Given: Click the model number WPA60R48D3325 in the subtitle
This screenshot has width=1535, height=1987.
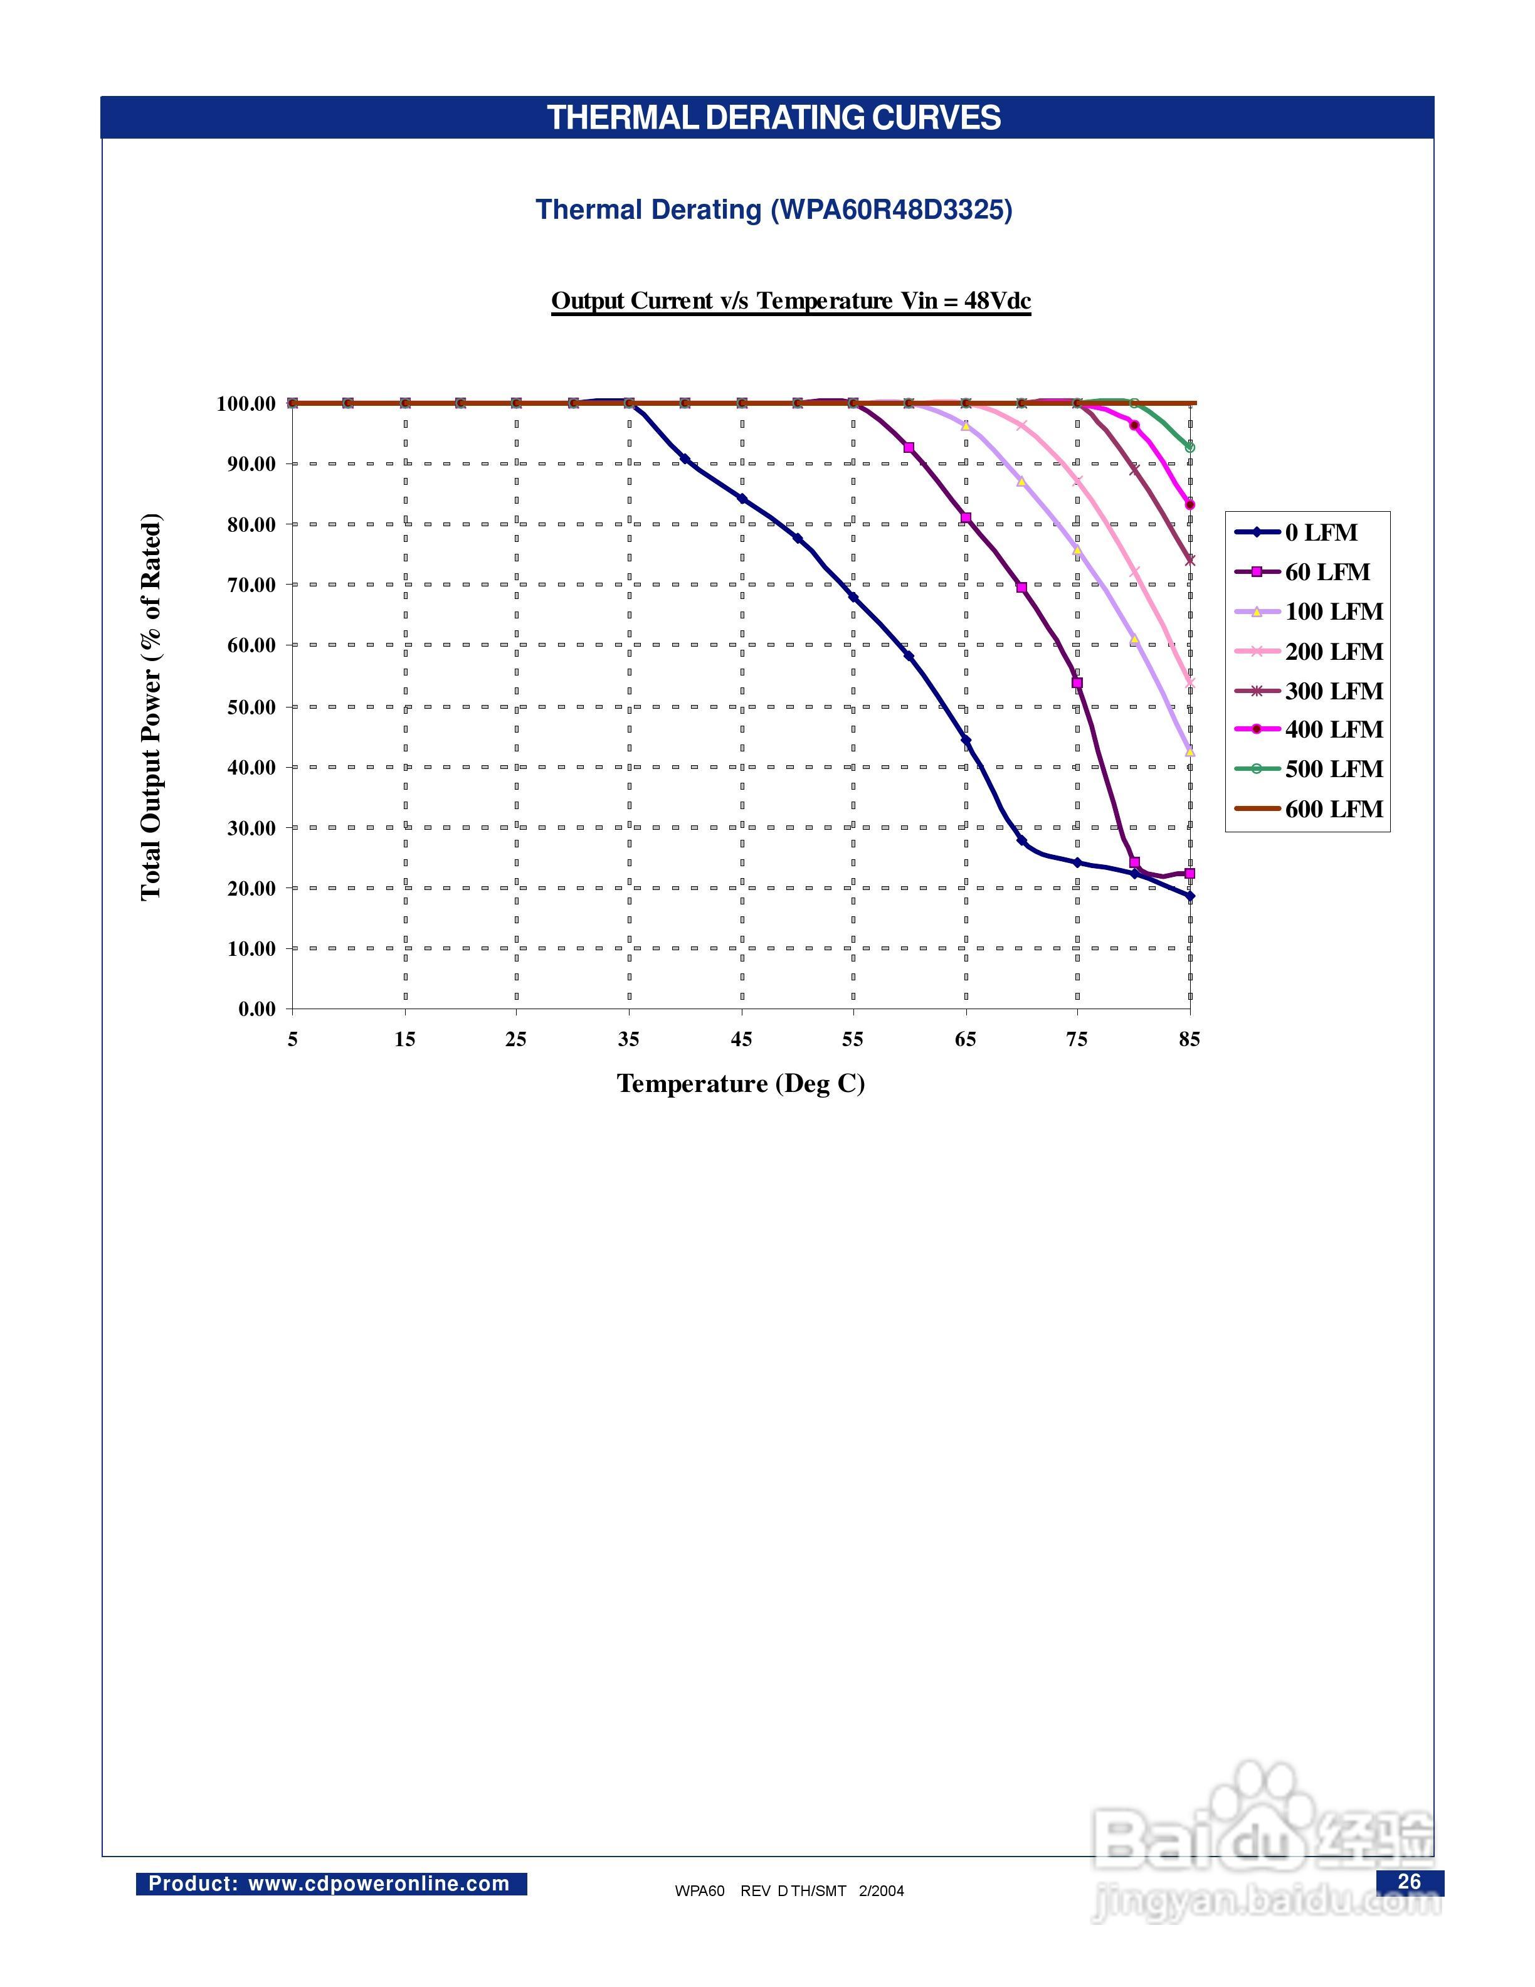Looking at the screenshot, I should [x=891, y=210].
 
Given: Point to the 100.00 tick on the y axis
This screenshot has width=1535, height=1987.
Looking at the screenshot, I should [x=246, y=404].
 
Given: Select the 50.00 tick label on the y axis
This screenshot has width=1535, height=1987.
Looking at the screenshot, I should [x=251, y=707].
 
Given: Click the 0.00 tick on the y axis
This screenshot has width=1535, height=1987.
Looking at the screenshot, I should [x=256, y=1009].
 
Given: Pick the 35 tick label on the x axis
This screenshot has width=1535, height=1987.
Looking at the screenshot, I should [x=628, y=1039].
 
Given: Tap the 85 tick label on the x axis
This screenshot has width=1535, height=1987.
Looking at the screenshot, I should [x=1189, y=1039].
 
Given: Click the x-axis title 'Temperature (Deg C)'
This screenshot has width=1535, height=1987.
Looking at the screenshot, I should [x=740, y=1084].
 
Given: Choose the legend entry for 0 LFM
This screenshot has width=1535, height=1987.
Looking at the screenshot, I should [x=1321, y=533].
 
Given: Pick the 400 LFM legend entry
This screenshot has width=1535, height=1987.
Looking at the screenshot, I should [x=1333, y=729].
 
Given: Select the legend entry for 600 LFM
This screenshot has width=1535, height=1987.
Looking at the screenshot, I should [x=1333, y=809].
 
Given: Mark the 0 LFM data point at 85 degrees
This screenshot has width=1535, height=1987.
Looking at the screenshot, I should [x=1189, y=896].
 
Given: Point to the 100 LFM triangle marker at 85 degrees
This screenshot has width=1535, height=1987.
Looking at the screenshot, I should [x=1189, y=751].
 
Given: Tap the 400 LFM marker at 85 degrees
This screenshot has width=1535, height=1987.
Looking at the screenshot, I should [x=1189, y=505].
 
